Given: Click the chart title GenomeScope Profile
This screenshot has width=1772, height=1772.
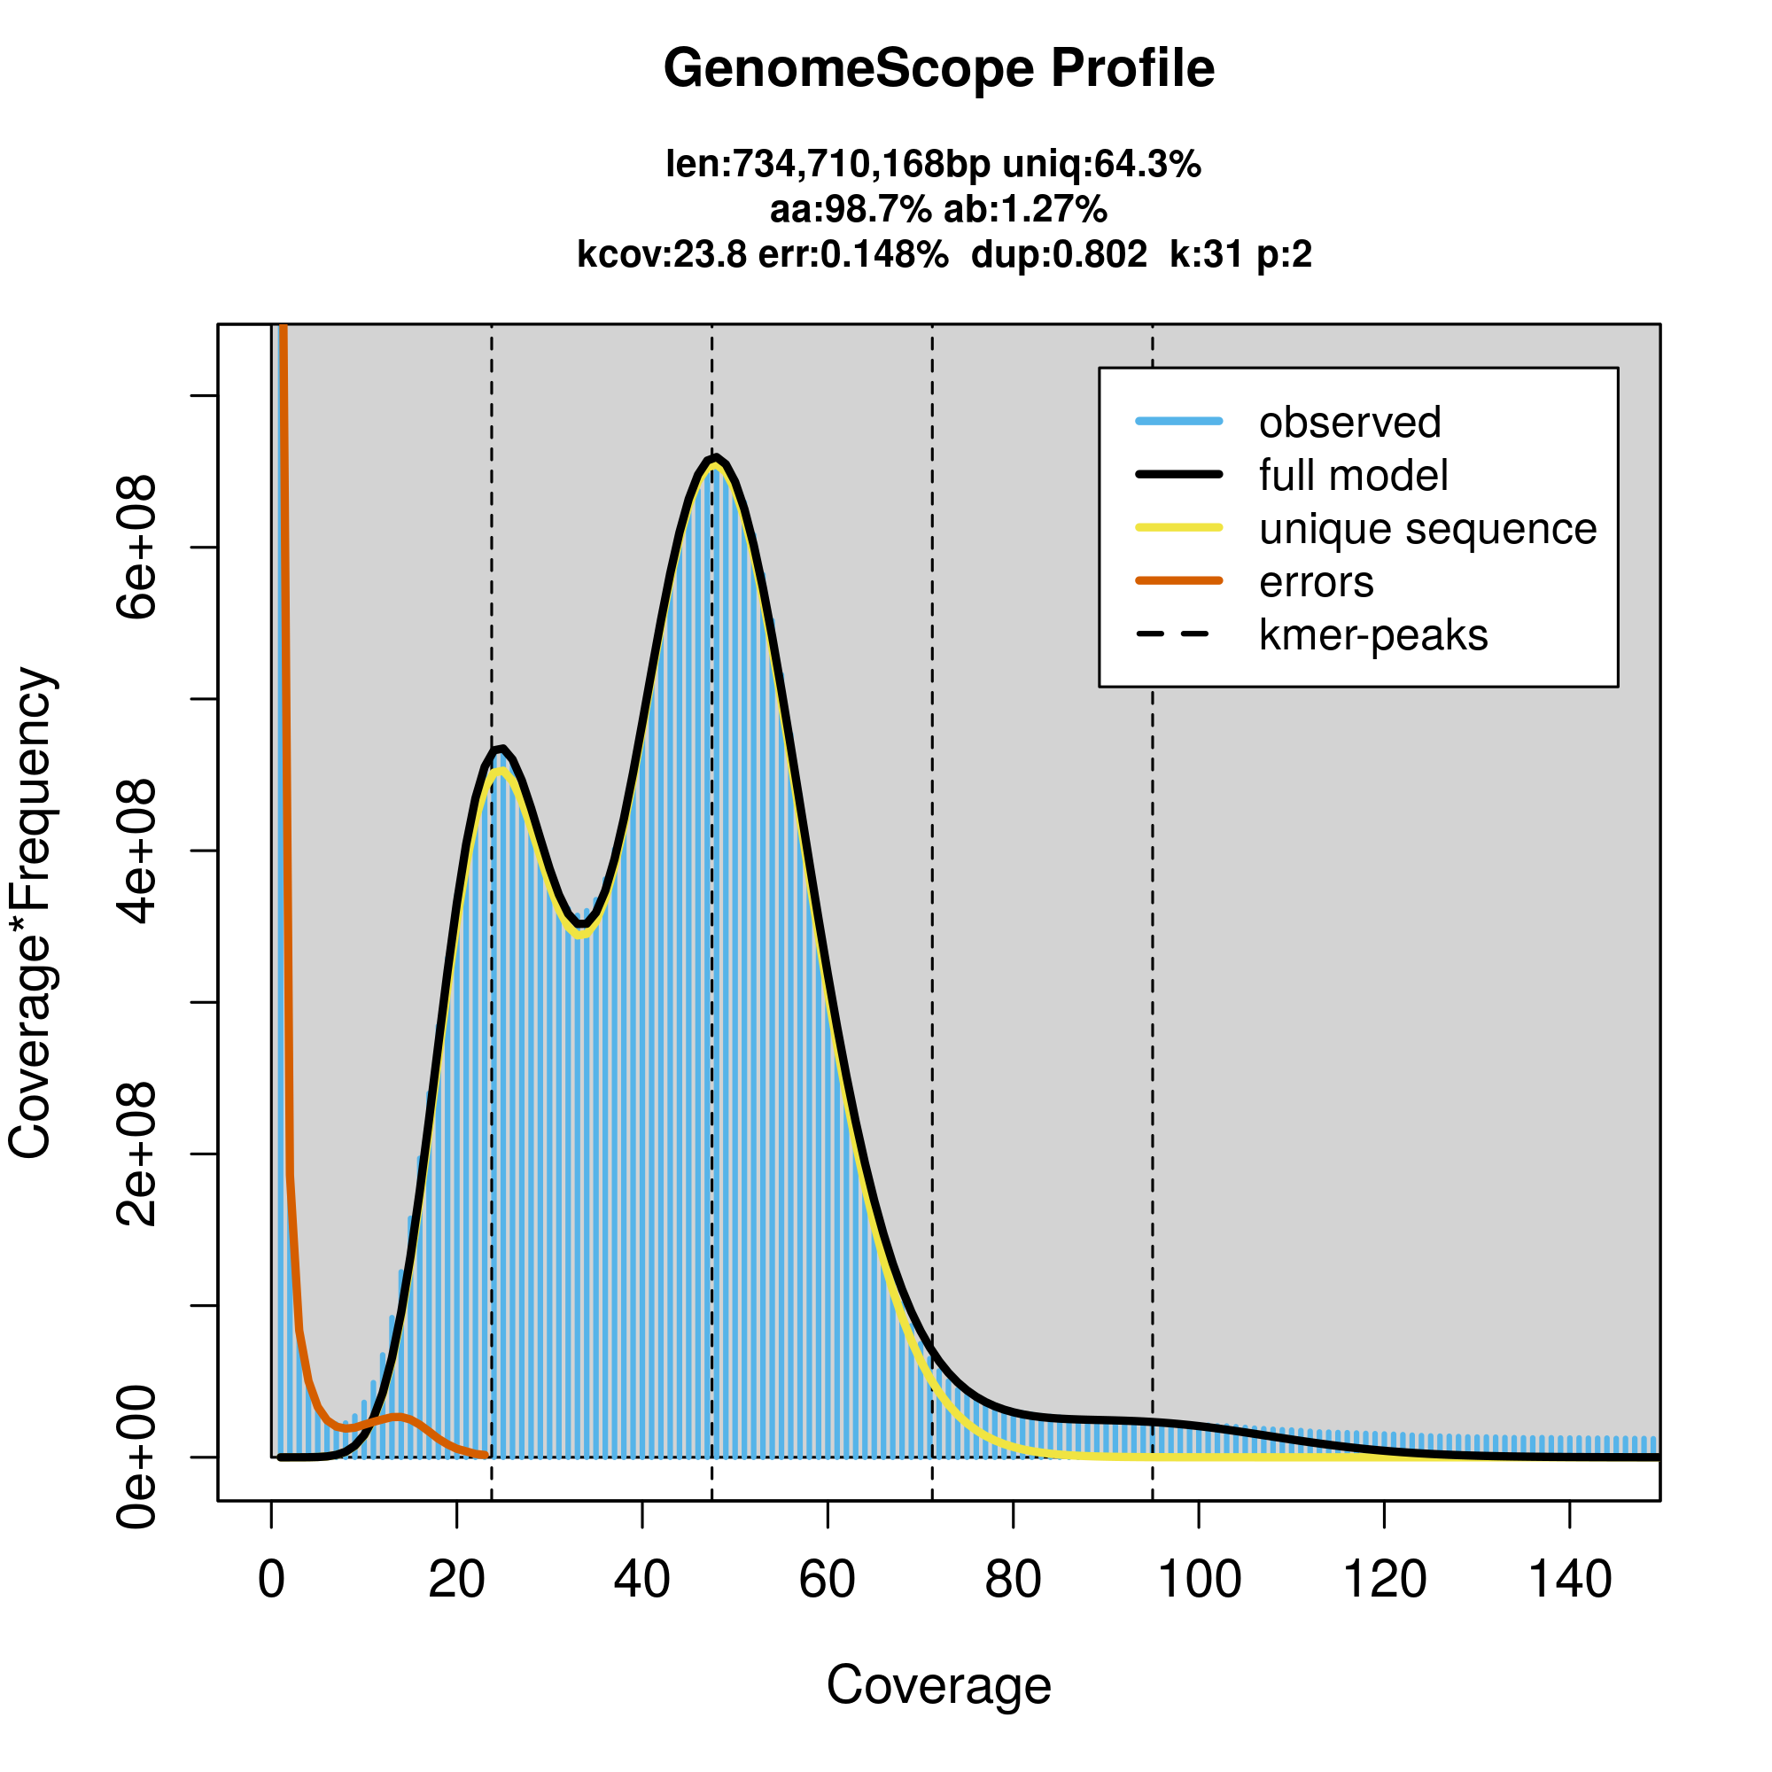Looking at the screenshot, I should click(938, 69).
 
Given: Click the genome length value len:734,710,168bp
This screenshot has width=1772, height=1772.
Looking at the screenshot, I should click(828, 164).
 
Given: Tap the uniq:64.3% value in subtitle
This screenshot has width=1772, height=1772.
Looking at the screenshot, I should click(1101, 164).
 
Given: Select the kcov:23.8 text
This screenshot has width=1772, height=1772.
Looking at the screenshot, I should click(661, 254).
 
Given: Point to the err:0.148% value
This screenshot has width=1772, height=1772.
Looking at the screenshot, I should click(853, 254).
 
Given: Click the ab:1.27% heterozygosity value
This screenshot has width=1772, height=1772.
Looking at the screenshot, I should click(1025, 210).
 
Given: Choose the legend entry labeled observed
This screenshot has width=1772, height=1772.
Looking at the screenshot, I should click(1349, 423).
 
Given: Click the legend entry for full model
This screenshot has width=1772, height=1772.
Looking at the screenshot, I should click(1353, 476).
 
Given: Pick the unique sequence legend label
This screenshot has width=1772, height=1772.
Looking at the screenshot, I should click(1427, 529).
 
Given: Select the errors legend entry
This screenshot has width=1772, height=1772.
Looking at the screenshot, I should click(1317, 582).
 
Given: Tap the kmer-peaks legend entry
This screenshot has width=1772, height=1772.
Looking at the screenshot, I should click(1373, 635).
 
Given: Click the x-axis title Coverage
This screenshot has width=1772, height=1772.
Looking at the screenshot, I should click(938, 1685).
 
